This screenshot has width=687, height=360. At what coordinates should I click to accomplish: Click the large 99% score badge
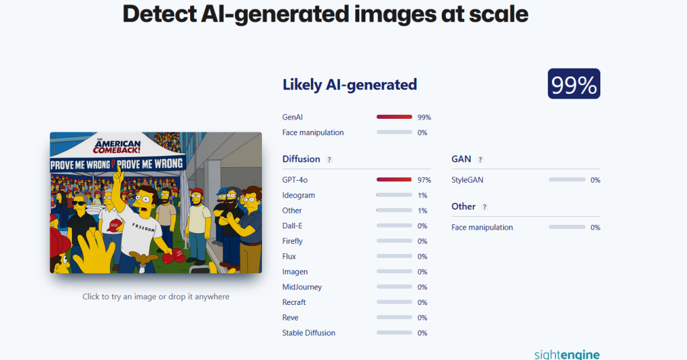pyautogui.click(x=574, y=84)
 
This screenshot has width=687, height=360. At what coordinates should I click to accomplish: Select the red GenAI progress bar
pyautogui.click(x=394, y=117)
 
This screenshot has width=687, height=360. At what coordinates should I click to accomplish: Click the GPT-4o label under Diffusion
pyautogui.click(x=295, y=180)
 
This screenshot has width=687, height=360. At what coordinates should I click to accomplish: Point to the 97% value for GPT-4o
pyautogui.click(x=424, y=180)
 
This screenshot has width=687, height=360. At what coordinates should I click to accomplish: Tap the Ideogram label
pyautogui.click(x=298, y=195)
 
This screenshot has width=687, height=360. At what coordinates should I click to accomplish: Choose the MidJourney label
pyautogui.click(x=302, y=287)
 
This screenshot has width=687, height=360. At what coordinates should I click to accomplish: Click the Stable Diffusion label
pyautogui.click(x=308, y=333)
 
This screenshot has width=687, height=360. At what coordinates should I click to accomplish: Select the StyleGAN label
pyautogui.click(x=467, y=180)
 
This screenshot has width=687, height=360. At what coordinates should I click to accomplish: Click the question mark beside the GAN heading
pyautogui.click(x=480, y=160)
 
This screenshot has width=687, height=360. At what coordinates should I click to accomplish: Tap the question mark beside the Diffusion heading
pyautogui.click(x=329, y=160)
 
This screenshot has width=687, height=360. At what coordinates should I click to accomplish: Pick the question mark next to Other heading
pyautogui.click(x=484, y=207)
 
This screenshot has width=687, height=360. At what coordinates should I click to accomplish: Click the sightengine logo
pyautogui.click(x=567, y=354)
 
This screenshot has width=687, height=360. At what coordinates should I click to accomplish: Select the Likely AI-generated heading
pyautogui.click(x=349, y=85)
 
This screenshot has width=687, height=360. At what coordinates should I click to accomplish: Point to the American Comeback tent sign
pyautogui.click(x=118, y=146)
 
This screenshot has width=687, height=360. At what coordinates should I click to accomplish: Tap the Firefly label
pyautogui.click(x=292, y=241)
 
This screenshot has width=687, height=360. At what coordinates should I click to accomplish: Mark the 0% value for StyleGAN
pyautogui.click(x=595, y=180)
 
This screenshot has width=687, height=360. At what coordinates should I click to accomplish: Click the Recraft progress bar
pyautogui.click(x=394, y=302)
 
